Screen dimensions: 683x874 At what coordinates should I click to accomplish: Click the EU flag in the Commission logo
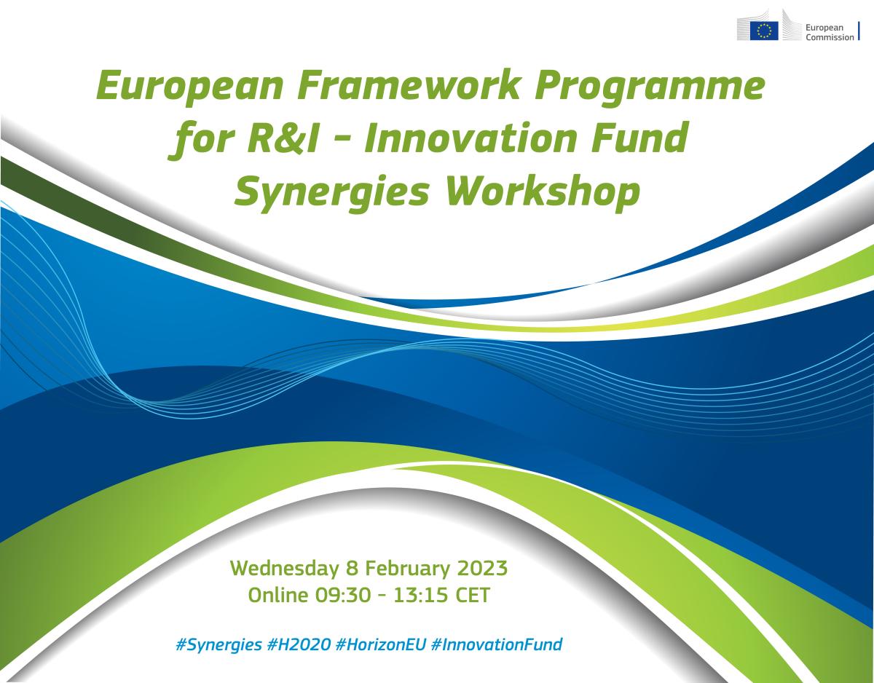[764, 31]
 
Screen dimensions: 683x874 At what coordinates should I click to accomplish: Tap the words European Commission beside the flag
[829, 32]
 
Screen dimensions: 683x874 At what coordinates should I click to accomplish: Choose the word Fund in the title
[647, 139]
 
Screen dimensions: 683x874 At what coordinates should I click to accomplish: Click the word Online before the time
[278, 594]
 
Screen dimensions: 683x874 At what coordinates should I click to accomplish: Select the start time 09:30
[342, 594]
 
